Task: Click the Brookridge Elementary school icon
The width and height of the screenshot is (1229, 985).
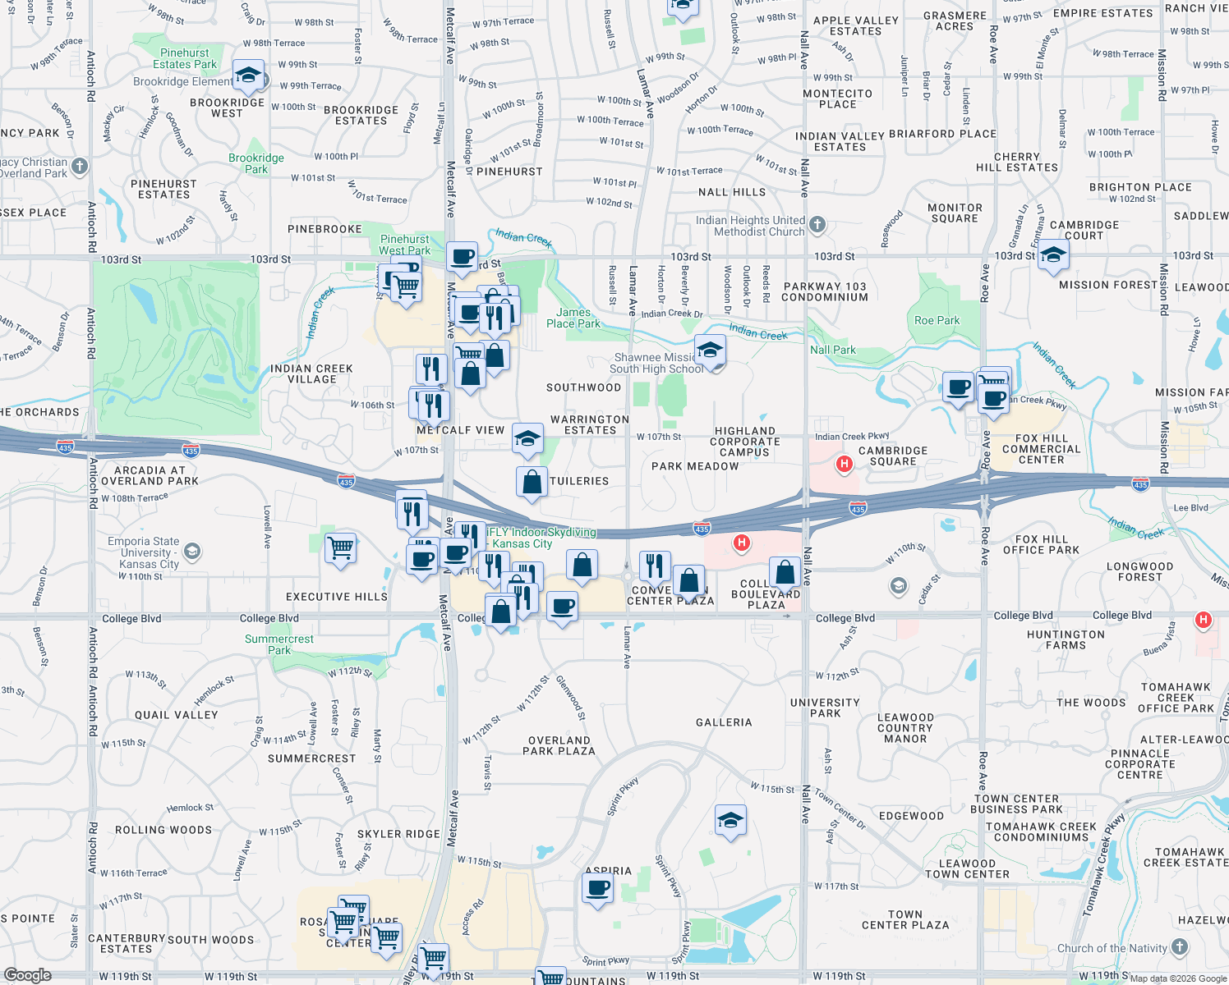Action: pyautogui.click(x=248, y=76)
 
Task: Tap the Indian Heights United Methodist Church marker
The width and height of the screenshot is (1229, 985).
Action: pyautogui.click(x=817, y=224)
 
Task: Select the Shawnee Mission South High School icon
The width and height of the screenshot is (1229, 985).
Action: pyautogui.click(x=710, y=350)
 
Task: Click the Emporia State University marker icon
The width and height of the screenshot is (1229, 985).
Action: pyautogui.click(x=192, y=551)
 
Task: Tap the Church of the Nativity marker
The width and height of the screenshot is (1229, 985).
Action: pyautogui.click(x=1180, y=946)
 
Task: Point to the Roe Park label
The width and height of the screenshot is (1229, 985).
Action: pyautogui.click(x=937, y=320)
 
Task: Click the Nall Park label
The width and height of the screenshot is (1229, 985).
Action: pyautogui.click(x=832, y=350)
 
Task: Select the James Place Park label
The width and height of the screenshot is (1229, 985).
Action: pyautogui.click(x=573, y=318)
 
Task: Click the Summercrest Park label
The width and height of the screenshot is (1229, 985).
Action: pyautogui.click(x=279, y=644)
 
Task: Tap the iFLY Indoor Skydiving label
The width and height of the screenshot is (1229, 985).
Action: pyautogui.click(x=541, y=538)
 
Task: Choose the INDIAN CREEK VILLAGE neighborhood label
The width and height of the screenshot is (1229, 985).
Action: pyautogui.click(x=311, y=373)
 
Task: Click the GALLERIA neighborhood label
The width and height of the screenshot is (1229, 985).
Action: pyautogui.click(x=724, y=722)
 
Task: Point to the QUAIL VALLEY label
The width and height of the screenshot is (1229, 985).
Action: pyautogui.click(x=177, y=715)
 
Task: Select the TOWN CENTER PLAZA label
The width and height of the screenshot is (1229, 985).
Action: pyautogui.click(x=905, y=919)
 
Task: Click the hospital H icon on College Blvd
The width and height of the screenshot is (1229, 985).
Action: pyautogui.click(x=1204, y=620)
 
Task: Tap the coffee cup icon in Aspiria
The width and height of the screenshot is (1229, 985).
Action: pyautogui.click(x=598, y=887)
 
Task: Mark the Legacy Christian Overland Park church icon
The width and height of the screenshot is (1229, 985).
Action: pyautogui.click(x=79, y=167)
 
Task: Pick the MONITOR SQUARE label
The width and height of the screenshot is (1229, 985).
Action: pyautogui.click(x=955, y=213)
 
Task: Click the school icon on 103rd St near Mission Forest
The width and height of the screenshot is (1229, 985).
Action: pyautogui.click(x=1053, y=257)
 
